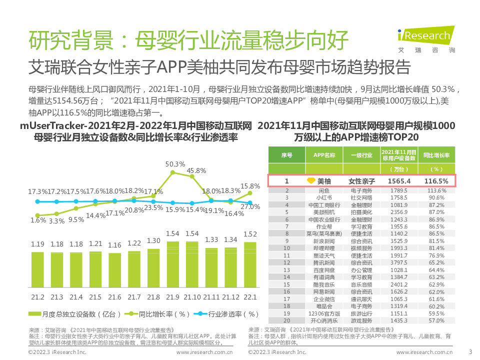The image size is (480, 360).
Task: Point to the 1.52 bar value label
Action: coord(250,234)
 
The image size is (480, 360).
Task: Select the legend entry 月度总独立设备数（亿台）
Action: coord(79,314)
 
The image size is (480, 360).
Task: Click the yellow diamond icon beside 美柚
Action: coord(310,180)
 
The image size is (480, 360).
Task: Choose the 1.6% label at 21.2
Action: coord(38,219)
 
